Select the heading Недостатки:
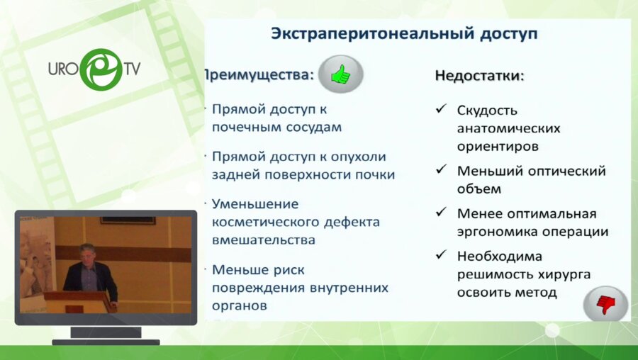(x=479, y=75)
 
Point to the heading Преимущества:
(x=258, y=74)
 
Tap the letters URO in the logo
(x=63, y=69)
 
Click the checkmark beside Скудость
(x=441, y=109)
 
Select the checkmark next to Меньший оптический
(x=441, y=170)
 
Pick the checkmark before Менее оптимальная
(x=441, y=212)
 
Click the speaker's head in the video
(x=88, y=254)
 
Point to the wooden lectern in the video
(x=79, y=302)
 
